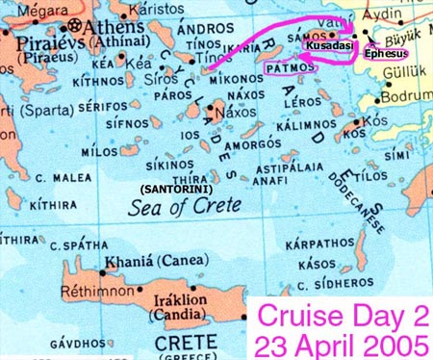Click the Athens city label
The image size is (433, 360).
108,25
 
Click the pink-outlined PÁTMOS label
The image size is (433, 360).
289,69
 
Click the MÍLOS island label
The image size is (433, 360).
99,152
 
